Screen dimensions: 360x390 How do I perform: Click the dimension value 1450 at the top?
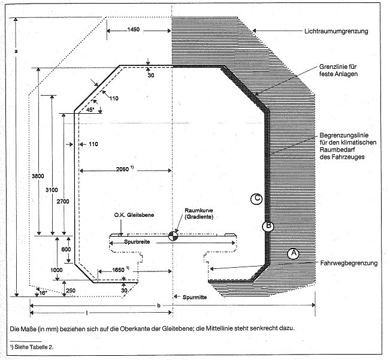point(134,29)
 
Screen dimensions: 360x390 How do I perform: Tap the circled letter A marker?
point(293,253)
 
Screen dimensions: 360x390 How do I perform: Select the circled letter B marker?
point(269,226)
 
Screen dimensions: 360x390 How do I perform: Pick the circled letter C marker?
point(256,199)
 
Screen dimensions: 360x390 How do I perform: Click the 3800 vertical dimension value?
point(37,177)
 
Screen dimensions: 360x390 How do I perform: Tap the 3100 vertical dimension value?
point(51,190)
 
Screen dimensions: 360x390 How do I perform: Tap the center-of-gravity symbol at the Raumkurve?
point(173,235)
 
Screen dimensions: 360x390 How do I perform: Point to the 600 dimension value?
point(66,249)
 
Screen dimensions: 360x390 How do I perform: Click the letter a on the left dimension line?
point(16,52)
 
